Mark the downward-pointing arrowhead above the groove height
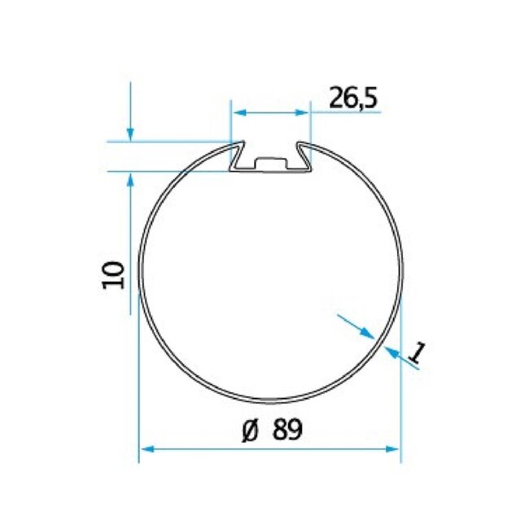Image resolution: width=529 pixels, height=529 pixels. [x=129, y=135]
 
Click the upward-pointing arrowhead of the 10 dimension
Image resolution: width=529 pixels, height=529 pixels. [x=129, y=180]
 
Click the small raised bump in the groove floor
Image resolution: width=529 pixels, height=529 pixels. [x=271, y=160]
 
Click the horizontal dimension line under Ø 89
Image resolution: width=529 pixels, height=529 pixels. [x=269, y=448]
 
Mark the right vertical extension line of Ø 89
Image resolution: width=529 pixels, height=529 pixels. [x=402, y=383]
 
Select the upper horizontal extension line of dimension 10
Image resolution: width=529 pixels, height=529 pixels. [x=163, y=142]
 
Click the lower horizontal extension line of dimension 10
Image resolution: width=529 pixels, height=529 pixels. [x=163, y=172]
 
